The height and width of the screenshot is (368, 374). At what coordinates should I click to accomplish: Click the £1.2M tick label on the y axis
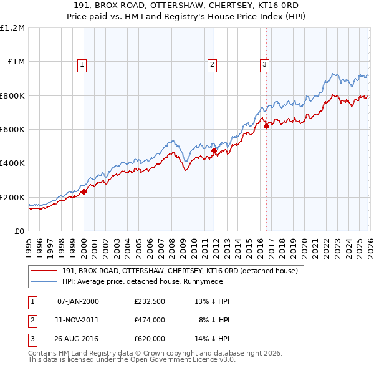pyautogui.click(x=12, y=28)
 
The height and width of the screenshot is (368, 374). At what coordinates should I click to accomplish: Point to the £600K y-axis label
pyautogui.click(x=12, y=130)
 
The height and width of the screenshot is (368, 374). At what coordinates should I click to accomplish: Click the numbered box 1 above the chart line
pyautogui.click(x=83, y=63)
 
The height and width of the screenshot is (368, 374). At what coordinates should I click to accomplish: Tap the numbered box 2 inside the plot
pyautogui.click(x=213, y=63)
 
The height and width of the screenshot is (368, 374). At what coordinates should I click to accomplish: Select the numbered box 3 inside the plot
pyautogui.click(x=264, y=63)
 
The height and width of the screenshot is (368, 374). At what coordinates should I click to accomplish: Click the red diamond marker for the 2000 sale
pyautogui.click(x=84, y=192)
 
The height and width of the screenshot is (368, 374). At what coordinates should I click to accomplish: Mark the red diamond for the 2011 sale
pyautogui.click(x=214, y=151)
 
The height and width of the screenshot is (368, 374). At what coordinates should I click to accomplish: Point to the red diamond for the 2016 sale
pyautogui.click(x=266, y=126)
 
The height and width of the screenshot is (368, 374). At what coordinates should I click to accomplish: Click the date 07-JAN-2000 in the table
pyautogui.click(x=78, y=301)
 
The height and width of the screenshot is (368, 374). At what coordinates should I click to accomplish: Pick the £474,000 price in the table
pyautogui.click(x=150, y=321)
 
